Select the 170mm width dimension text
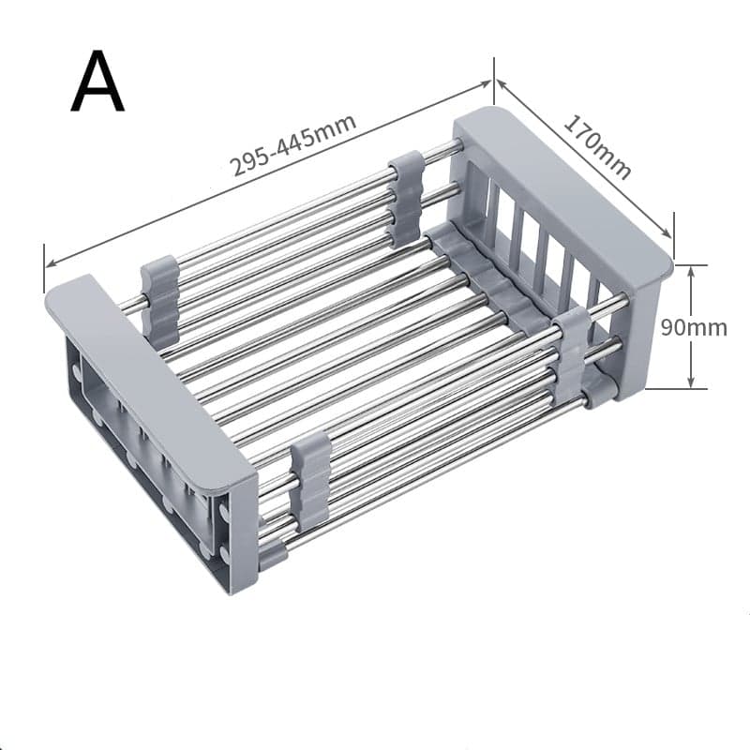(597, 146)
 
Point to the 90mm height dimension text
(695, 328)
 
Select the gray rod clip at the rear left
(160, 300)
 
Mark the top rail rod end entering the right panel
(454, 148)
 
